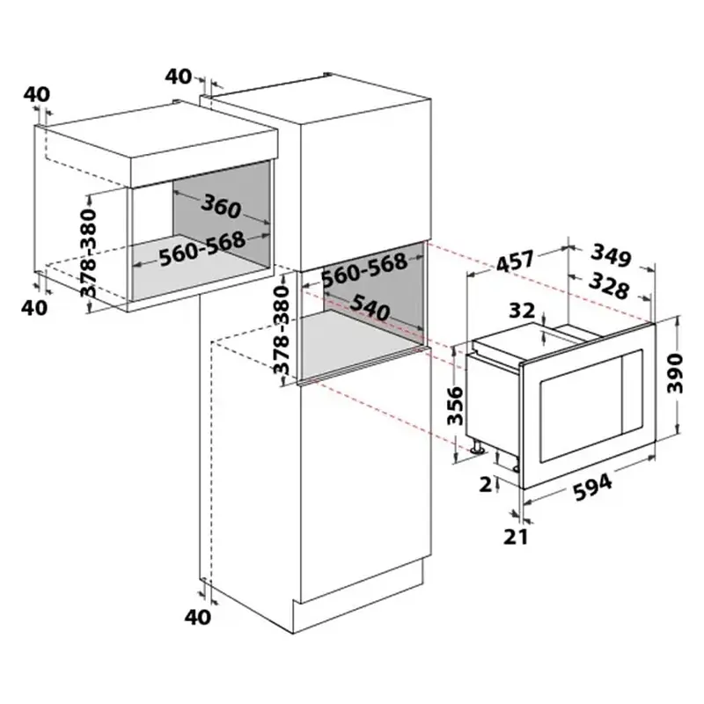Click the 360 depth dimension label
point(221,207)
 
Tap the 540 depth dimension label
point(369,308)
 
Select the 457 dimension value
point(516,261)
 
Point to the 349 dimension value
point(611,255)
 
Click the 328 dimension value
point(608,286)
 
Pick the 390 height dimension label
point(675,373)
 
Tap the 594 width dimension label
point(592,488)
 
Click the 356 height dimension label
point(455,406)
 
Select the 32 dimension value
point(522,311)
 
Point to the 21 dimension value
point(515,537)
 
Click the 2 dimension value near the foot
point(486,485)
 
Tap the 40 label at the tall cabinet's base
point(197,617)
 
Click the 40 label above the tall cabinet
point(179,77)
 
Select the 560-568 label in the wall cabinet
point(202,248)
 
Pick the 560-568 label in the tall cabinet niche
point(364,269)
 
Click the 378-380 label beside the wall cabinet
point(89,253)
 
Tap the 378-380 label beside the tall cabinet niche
point(282,331)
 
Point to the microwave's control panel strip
point(631,392)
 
